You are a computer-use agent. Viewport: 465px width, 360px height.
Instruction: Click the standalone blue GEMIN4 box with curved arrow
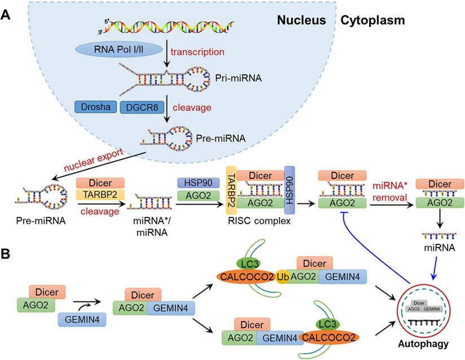pos(77,319)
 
